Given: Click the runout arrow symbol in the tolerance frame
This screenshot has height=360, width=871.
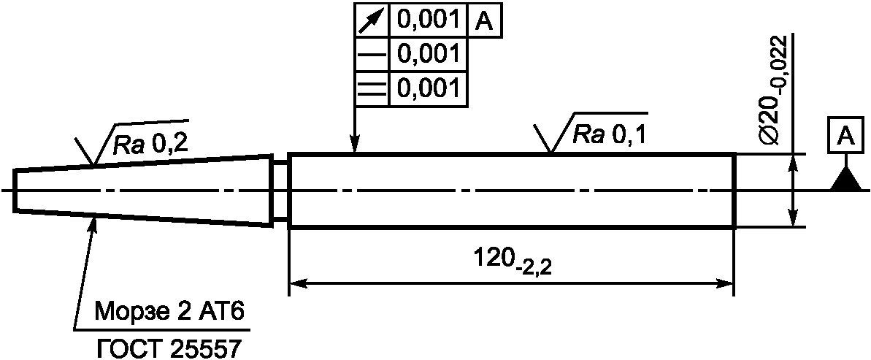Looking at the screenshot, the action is click(x=372, y=21).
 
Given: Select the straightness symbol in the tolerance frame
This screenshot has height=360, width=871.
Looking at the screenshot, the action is click(x=372, y=55).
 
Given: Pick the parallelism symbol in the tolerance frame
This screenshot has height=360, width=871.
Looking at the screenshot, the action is click(x=372, y=89).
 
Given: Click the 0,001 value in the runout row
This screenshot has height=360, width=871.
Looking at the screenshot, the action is click(x=428, y=21).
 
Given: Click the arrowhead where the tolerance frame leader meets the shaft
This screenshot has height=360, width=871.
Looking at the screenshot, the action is click(x=354, y=145).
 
